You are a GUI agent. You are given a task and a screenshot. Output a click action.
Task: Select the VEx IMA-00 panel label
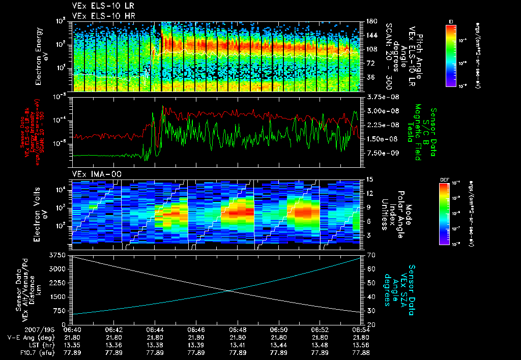tap(91, 174)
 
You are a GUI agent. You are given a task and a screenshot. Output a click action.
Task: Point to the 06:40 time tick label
tap(73, 329)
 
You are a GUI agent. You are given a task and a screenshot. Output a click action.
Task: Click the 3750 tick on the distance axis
tap(59, 255)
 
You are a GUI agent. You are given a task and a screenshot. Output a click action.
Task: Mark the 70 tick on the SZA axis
tap(370, 255)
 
